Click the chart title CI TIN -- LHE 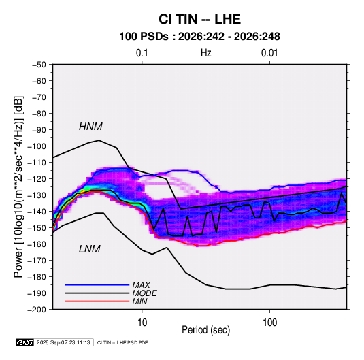(199, 19)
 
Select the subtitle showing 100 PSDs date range (199, 37)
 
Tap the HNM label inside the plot (90, 127)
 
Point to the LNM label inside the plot (90, 249)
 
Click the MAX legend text (141, 285)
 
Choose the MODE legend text (145, 293)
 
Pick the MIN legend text (139, 301)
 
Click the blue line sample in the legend (97, 285)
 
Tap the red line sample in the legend (97, 301)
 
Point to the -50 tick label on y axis (39, 65)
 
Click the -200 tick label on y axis (37, 310)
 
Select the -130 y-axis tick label (37, 195)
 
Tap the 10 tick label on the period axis (142, 323)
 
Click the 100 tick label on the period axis (269, 323)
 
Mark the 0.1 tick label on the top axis (142, 53)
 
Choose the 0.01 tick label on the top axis (269, 53)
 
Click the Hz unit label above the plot (206, 53)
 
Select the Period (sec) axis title (206, 330)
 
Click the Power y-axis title (18, 187)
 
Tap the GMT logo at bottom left (25, 342)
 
